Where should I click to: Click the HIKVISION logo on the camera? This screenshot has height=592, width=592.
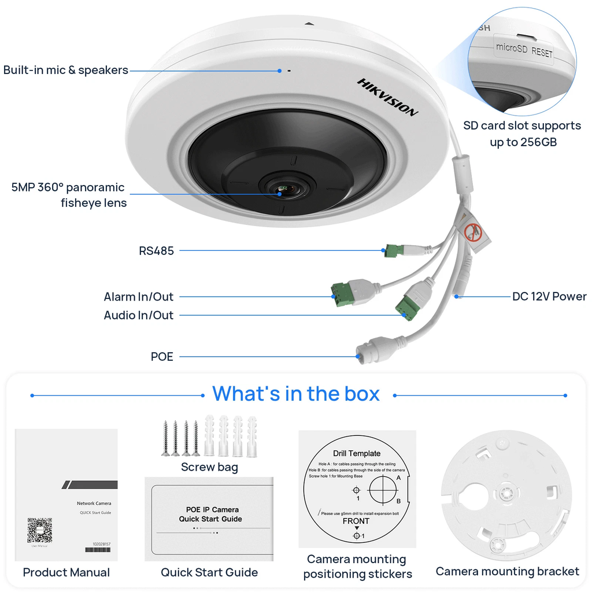tap(387, 97)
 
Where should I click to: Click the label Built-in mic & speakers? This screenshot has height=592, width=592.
tap(66, 71)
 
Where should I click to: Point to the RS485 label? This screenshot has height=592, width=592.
tap(156, 251)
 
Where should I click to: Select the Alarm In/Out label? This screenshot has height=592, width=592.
tap(139, 297)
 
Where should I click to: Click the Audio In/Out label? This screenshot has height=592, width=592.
tap(139, 316)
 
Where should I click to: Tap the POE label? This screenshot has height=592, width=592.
tap(162, 357)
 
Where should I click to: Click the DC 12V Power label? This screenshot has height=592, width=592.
tap(549, 297)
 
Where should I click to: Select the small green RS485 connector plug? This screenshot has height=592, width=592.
tap(393, 251)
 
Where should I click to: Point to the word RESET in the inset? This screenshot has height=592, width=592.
tap(542, 52)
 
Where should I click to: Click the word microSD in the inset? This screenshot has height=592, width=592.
tap(512, 49)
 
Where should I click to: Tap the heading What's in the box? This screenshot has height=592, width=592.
tap(296, 394)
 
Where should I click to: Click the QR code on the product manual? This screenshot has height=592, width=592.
tap(39, 530)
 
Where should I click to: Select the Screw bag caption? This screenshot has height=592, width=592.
tap(209, 467)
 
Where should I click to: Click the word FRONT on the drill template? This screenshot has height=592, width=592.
tap(356, 521)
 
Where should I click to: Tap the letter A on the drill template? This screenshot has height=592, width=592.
tap(398, 478)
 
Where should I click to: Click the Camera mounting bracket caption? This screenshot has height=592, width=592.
tap(507, 572)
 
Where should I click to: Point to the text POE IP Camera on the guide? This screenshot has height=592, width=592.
tap(212, 509)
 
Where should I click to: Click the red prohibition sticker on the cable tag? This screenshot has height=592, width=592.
tap(473, 233)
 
